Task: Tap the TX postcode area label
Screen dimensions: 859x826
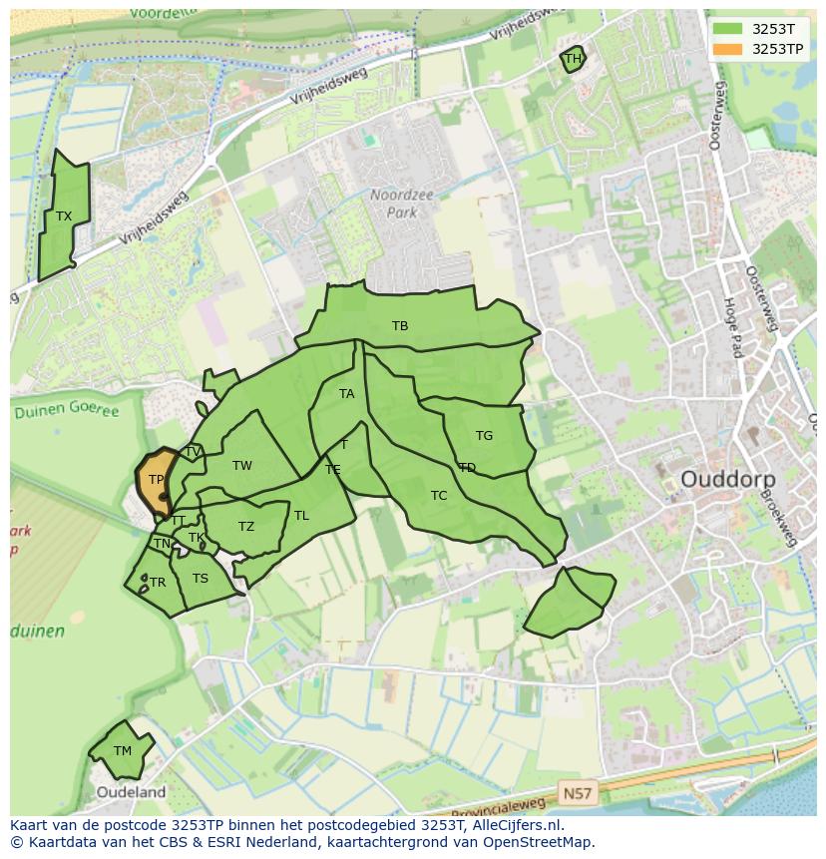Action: (x=64, y=216)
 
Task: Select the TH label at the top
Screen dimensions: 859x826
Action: (x=573, y=59)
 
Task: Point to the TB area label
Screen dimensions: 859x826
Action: (x=400, y=326)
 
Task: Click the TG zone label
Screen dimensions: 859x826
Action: (x=484, y=436)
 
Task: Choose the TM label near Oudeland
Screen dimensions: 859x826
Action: (x=123, y=751)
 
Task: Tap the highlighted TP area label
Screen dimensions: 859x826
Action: (x=156, y=480)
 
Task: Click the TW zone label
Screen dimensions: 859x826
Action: (x=242, y=466)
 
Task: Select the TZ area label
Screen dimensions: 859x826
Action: (x=246, y=527)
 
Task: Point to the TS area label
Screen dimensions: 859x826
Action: (x=201, y=579)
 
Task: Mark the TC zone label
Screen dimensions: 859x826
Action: (x=439, y=496)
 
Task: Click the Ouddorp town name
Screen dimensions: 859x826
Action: (x=727, y=480)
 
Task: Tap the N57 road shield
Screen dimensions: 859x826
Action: (x=577, y=794)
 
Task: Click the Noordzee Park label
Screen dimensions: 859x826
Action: (x=402, y=204)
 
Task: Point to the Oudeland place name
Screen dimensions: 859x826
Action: (x=131, y=792)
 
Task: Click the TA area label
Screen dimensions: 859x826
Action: (x=346, y=394)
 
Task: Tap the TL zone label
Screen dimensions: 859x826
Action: (x=301, y=516)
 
